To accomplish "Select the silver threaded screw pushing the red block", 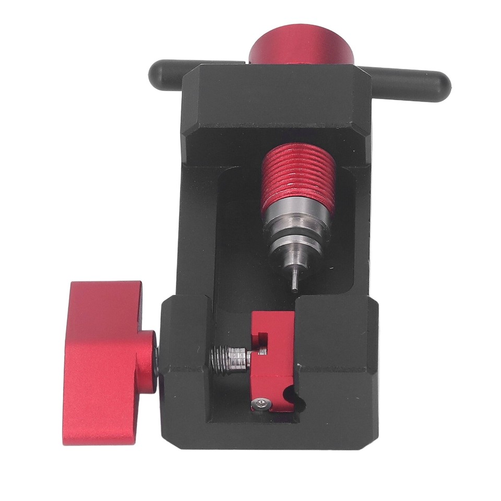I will tap(229, 359).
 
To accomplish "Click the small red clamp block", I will tap(271, 360).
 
